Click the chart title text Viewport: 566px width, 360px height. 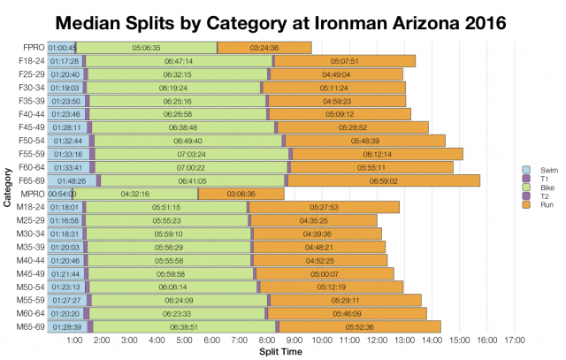click(x=283, y=20)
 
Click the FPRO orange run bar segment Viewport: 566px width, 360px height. click(x=264, y=47)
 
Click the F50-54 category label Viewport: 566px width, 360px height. click(x=32, y=140)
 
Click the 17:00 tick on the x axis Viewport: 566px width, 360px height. click(x=515, y=340)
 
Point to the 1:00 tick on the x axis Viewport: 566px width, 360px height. click(x=75, y=340)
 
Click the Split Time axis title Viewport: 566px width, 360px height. click(x=283, y=351)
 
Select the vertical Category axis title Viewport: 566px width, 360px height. click(x=7, y=186)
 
